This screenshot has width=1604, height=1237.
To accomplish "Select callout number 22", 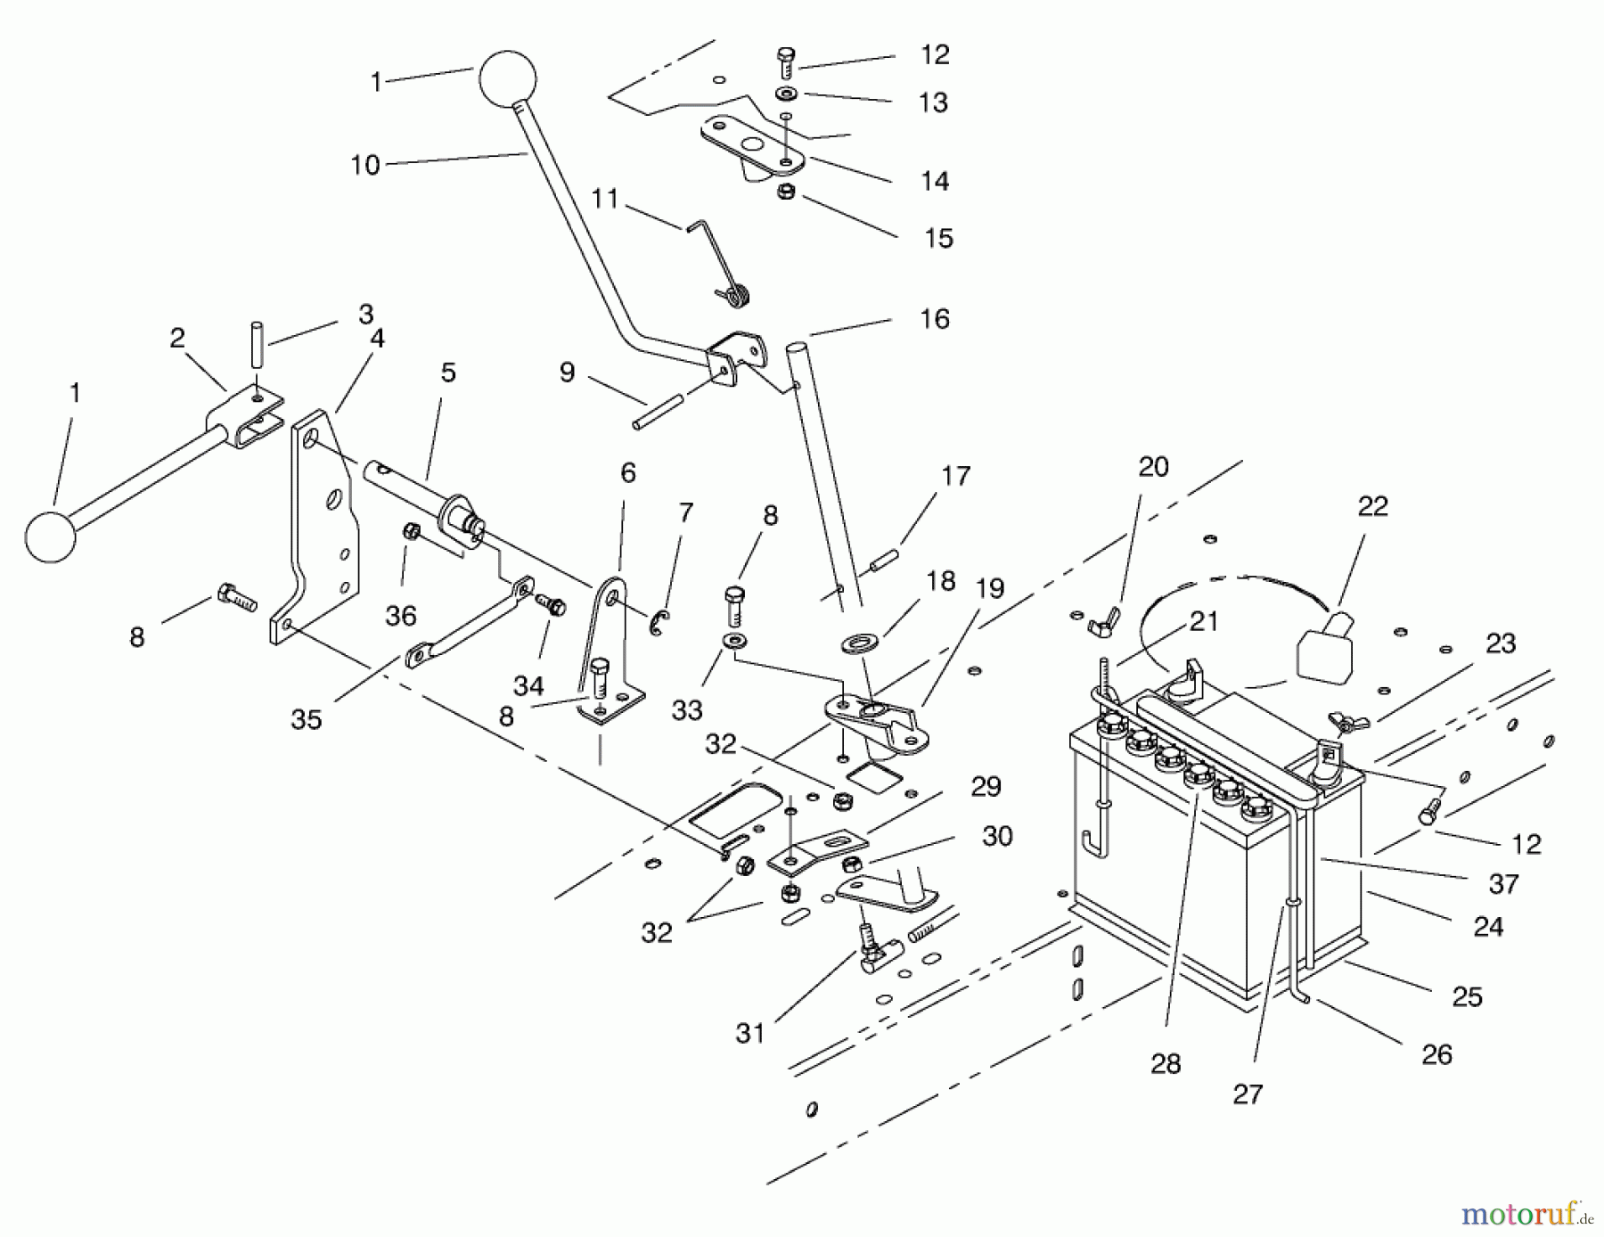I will point(1373,506).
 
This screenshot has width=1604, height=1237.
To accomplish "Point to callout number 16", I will point(935,319).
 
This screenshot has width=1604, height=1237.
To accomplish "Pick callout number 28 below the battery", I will point(1166,1063).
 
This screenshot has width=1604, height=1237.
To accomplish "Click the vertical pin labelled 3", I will point(256,346).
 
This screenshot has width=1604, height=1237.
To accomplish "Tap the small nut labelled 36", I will point(412,531).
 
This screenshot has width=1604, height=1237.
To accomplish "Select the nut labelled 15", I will point(785,192).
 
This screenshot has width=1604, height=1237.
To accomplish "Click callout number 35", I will point(306,719).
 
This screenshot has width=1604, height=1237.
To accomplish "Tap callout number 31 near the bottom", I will point(750,1033).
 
